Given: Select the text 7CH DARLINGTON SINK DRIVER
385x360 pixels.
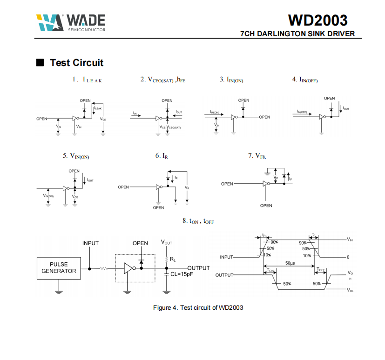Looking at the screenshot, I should click(297, 33).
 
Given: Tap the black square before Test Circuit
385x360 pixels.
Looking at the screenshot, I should click(40, 62).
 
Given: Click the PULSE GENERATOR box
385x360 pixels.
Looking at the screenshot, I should click(59, 267).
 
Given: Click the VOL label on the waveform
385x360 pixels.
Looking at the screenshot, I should click(351, 290).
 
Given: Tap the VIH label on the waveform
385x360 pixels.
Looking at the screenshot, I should click(350, 239).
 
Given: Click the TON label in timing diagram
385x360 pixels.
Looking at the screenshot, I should click(270, 270).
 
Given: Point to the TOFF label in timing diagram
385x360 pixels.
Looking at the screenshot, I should click(321, 270).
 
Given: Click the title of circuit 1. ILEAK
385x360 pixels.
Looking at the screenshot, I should click(87, 80).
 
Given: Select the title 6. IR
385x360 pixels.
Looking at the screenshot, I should click(162, 156).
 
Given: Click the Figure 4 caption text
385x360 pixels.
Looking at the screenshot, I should click(198, 307).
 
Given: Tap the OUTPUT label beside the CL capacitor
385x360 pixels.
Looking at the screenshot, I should click(199, 268).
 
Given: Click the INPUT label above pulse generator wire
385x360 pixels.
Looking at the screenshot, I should click(90, 243).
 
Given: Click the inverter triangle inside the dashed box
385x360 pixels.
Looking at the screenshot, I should click(128, 268).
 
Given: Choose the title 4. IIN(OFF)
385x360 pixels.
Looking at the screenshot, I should click(305, 80).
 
